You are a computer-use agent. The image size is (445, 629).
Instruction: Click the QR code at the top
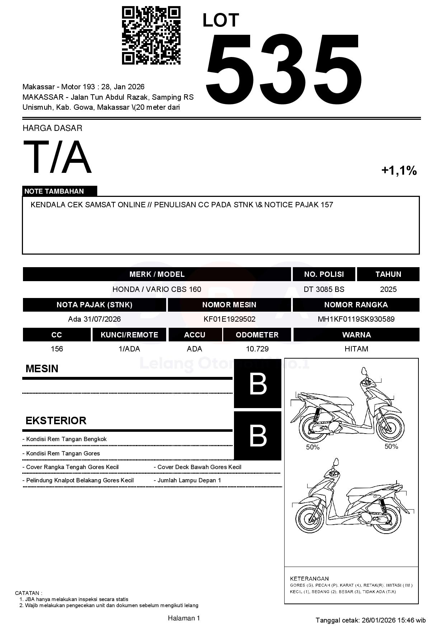(x=151, y=35)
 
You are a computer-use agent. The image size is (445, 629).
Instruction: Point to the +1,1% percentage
(x=399, y=170)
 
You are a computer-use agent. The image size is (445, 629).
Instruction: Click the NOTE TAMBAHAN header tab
(x=54, y=191)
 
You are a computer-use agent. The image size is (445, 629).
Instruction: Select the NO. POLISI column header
(x=324, y=274)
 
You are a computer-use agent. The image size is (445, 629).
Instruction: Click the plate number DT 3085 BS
(x=324, y=289)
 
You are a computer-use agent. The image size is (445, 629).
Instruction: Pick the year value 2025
(x=388, y=289)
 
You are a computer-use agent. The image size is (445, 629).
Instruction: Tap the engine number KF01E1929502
(x=229, y=319)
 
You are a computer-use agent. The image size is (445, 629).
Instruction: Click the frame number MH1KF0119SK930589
(x=356, y=319)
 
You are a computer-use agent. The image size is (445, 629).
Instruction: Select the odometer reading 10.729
(x=257, y=349)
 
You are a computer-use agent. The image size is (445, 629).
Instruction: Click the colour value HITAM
(x=356, y=349)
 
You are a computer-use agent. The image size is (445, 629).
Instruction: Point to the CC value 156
(x=57, y=349)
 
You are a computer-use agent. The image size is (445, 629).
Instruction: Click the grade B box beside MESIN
(x=258, y=384)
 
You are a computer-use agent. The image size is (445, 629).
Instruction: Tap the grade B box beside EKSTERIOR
(x=258, y=436)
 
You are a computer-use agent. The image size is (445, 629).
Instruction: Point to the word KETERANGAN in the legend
(x=309, y=578)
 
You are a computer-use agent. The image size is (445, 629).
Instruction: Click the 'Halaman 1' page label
(x=184, y=618)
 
